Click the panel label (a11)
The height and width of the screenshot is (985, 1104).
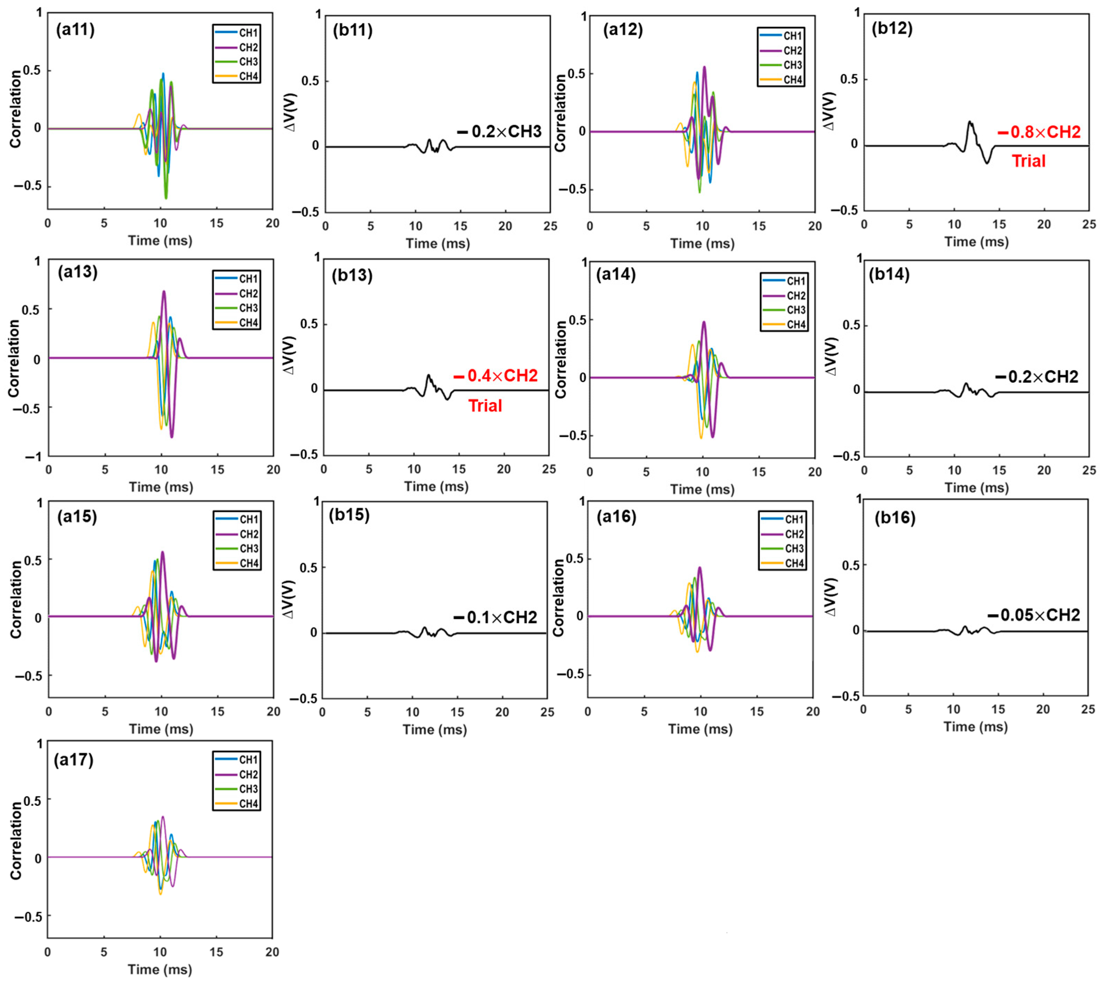75,30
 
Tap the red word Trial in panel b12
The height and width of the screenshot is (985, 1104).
1028,161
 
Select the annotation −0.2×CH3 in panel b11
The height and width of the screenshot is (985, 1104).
499,132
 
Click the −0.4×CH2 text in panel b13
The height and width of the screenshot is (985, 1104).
495,376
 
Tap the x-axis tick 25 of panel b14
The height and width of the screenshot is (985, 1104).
1088,470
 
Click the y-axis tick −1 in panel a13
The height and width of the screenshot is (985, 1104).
33,457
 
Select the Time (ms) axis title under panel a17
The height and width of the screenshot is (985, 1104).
160,969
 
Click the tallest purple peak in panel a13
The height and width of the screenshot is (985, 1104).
164,292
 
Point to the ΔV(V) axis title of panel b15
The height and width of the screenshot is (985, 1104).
289,599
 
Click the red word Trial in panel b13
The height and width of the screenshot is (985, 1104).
485,406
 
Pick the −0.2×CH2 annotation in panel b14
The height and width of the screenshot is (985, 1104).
1037,377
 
